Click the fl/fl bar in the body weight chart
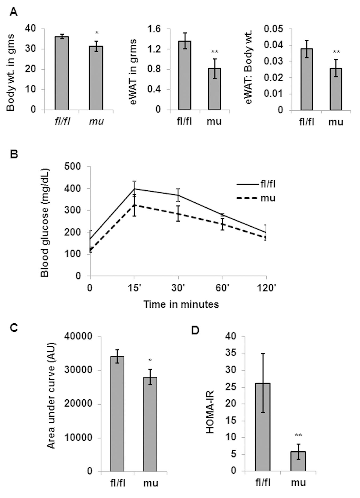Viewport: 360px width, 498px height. click(62, 73)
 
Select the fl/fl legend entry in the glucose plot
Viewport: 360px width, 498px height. click(256, 184)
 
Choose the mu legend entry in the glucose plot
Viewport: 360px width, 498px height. click(256, 198)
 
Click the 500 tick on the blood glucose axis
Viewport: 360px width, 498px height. click(73, 166)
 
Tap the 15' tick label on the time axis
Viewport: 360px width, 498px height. click(134, 288)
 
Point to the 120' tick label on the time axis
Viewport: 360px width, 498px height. click(266, 288)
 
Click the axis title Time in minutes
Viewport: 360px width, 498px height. click(181, 304)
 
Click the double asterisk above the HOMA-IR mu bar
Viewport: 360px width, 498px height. click(298, 435)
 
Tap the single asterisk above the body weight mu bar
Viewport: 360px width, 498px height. click(97, 33)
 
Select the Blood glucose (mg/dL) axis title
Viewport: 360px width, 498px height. click(45, 223)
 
